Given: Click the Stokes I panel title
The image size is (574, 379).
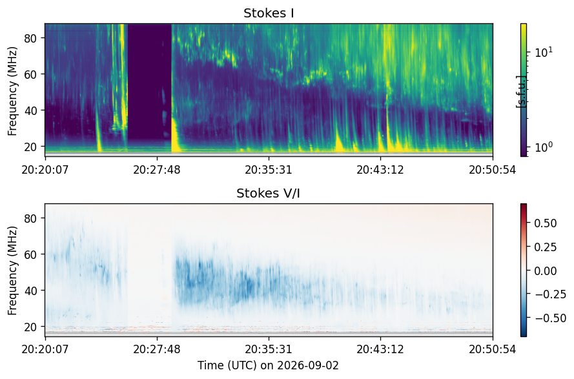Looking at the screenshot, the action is [x=269, y=13].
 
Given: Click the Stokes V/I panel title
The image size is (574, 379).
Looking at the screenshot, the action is [x=268, y=193].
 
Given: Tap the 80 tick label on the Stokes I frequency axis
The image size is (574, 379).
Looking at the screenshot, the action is [x=30, y=37].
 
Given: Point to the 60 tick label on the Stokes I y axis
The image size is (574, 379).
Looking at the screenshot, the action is [x=30, y=74].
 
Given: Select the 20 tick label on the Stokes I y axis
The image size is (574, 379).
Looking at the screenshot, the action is [x=30, y=147].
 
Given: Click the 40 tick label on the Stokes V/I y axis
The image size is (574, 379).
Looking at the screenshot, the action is [x=30, y=291].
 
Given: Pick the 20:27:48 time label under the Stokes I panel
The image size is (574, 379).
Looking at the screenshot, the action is [x=157, y=170].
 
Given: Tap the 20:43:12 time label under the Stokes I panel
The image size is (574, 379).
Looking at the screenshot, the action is [x=380, y=170].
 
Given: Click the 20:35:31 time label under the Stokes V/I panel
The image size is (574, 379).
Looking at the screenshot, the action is [x=269, y=349].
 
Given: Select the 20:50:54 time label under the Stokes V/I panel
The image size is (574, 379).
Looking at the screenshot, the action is [x=493, y=349].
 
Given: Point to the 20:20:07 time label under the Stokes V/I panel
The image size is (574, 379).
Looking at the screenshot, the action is [x=45, y=349].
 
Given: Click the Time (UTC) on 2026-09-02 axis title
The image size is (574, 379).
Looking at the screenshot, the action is [x=269, y=365].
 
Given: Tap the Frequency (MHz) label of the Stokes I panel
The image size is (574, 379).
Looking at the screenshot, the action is [x=12, y=91].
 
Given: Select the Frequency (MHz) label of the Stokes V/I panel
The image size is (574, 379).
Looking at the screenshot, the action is [x=12, y=271].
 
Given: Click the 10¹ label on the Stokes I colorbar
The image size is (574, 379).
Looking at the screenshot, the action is [x=544, y=52].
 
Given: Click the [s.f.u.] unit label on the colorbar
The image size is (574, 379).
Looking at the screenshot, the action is [x=521, y=92].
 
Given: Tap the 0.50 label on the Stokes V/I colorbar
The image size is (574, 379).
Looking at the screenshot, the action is [x=546, y=223].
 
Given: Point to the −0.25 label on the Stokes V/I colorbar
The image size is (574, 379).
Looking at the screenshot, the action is [x=551, y=294].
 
